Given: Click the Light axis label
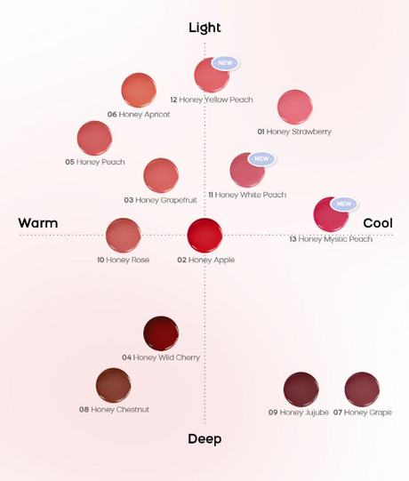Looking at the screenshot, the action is click(x=204, y=28).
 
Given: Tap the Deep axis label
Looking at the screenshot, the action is click(x=204, y=438).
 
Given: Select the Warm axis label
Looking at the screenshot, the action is click(x=38, y=223).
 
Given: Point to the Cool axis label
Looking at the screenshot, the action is click(x=378, y=223).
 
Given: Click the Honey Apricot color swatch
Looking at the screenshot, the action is click(x=139, y=90).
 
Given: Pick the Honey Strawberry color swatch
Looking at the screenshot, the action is click(x=295, y=107).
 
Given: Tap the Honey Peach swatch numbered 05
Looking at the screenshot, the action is click(x=94, y=139).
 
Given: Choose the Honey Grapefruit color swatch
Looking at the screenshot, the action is click(x=161, y=175).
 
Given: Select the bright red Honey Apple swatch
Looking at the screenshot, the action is click(x=204, y=236).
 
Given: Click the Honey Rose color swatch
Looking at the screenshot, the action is click(x=123, y=236).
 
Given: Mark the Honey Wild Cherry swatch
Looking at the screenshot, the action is click(x=161, y=333).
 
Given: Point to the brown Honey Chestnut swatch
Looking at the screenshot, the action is click(x=113, y=385).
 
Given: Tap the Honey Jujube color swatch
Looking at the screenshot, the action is click(x=301, y=389).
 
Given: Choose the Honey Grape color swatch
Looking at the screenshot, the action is click(x=362, y=389).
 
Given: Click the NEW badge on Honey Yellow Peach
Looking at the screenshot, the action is click(x=225, y=63).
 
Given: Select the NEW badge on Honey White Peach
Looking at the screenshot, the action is click(x=261, y=159).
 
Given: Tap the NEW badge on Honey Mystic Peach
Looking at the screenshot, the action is click(x=344, y=204).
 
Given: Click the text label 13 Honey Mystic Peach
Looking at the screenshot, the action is click(x=331, y=239).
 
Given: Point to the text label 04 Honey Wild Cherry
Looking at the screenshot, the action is click(x=161, y=357).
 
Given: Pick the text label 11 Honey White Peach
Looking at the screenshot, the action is click(x=247, y=195).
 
